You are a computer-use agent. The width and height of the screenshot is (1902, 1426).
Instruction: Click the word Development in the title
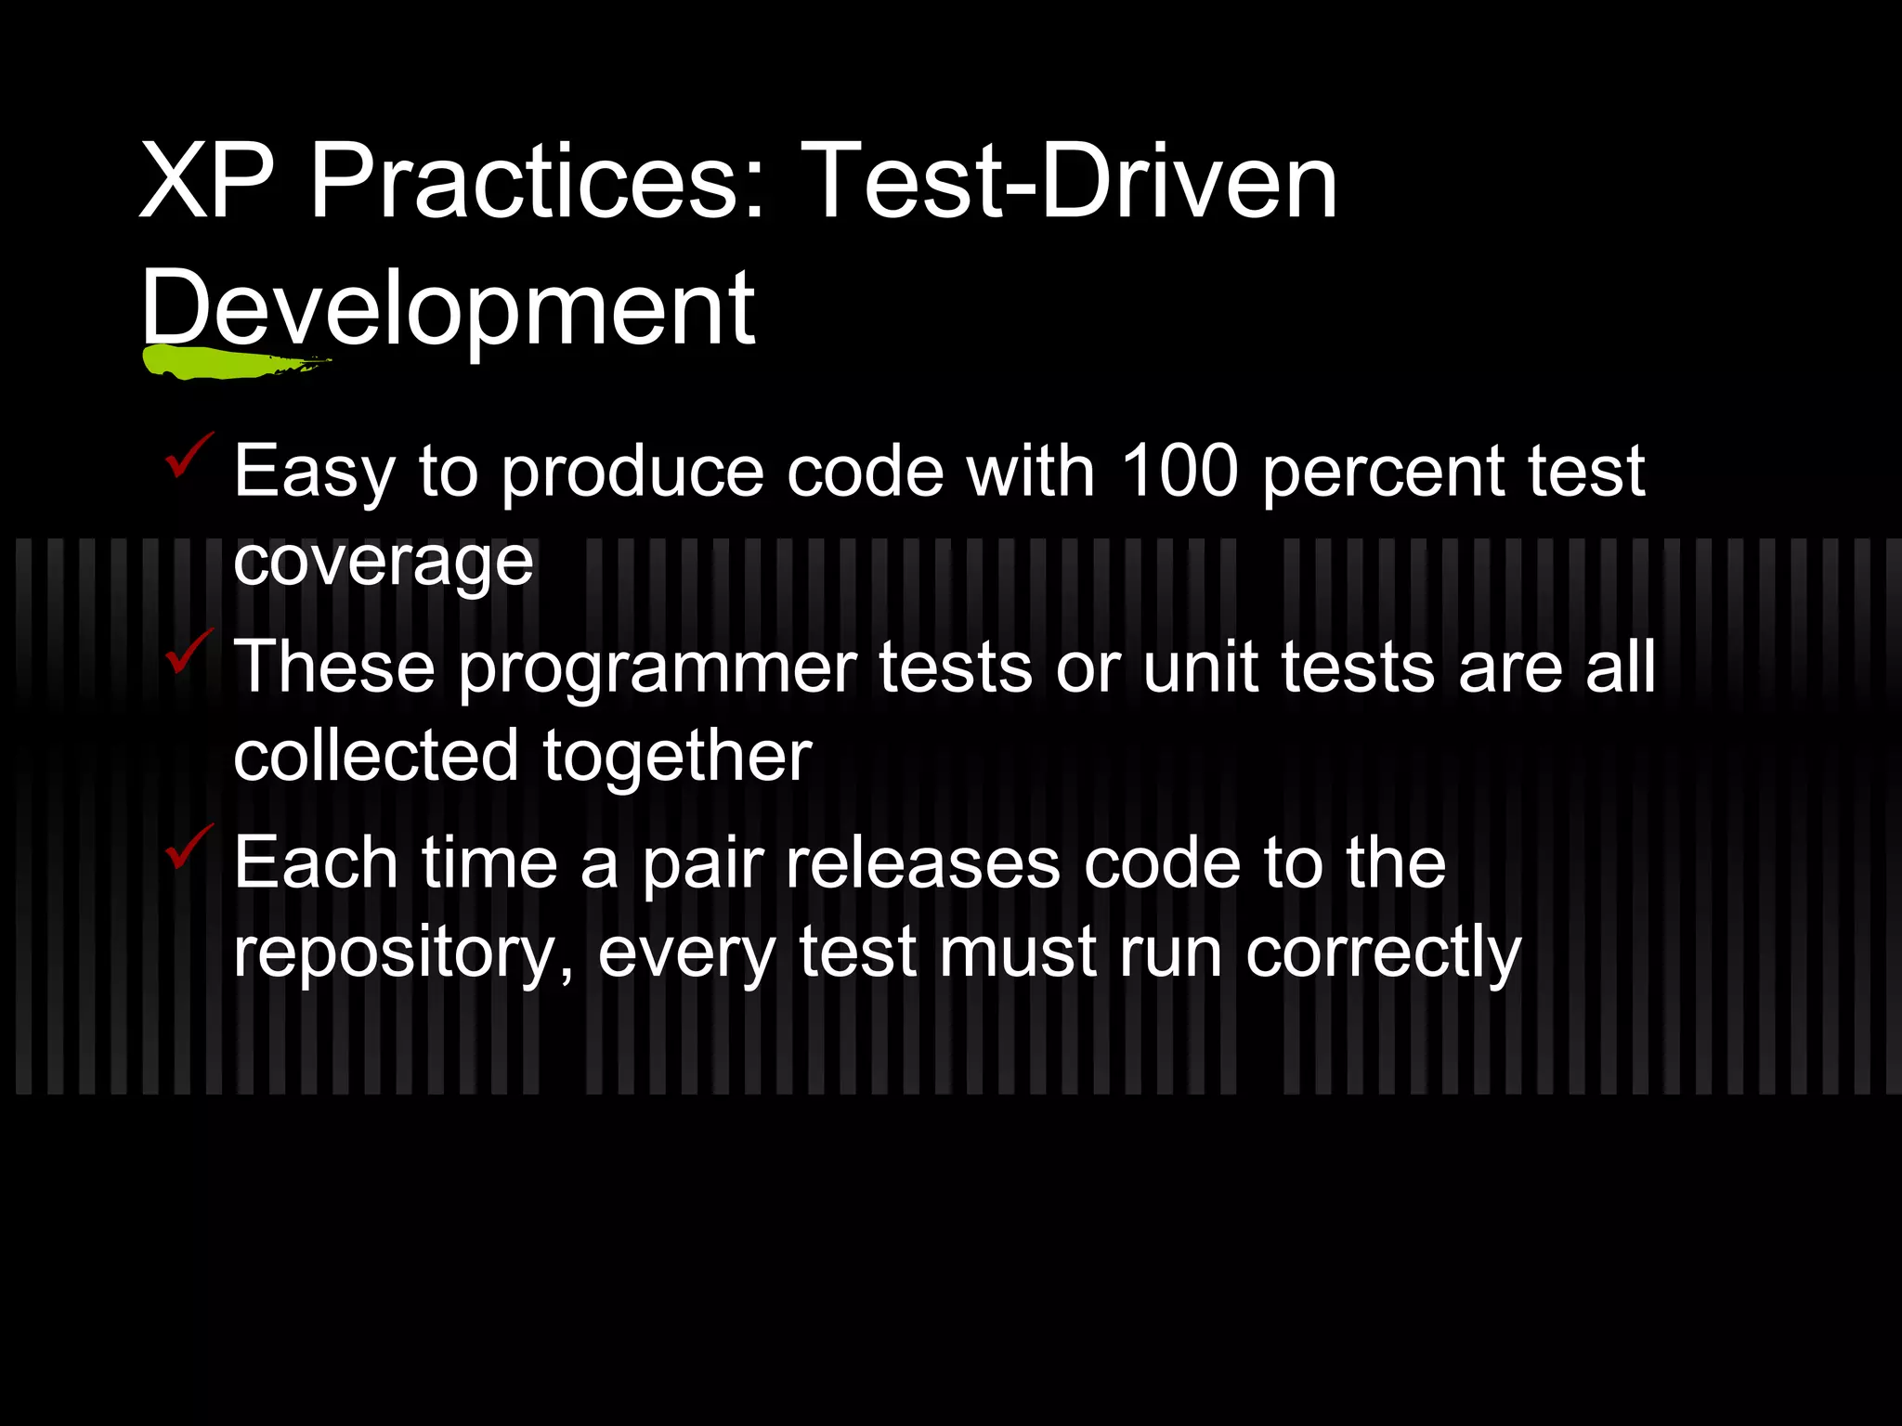(x=448, y=308)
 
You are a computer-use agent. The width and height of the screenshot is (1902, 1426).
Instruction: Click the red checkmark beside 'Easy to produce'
(x=189, y=455)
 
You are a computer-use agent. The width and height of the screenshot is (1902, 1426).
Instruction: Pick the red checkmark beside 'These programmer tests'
(x=189, y=652)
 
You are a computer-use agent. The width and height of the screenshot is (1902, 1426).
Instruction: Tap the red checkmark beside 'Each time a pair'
(x=189, y=847)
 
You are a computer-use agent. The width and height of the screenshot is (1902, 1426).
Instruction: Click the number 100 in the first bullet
(x=1179, y=471)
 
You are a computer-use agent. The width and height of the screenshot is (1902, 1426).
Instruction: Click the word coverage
(x=384, y=563)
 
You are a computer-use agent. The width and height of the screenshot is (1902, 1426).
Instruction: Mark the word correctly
(x=1383, y=954)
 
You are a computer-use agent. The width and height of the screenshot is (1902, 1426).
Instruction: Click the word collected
(x=375, y=756)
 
